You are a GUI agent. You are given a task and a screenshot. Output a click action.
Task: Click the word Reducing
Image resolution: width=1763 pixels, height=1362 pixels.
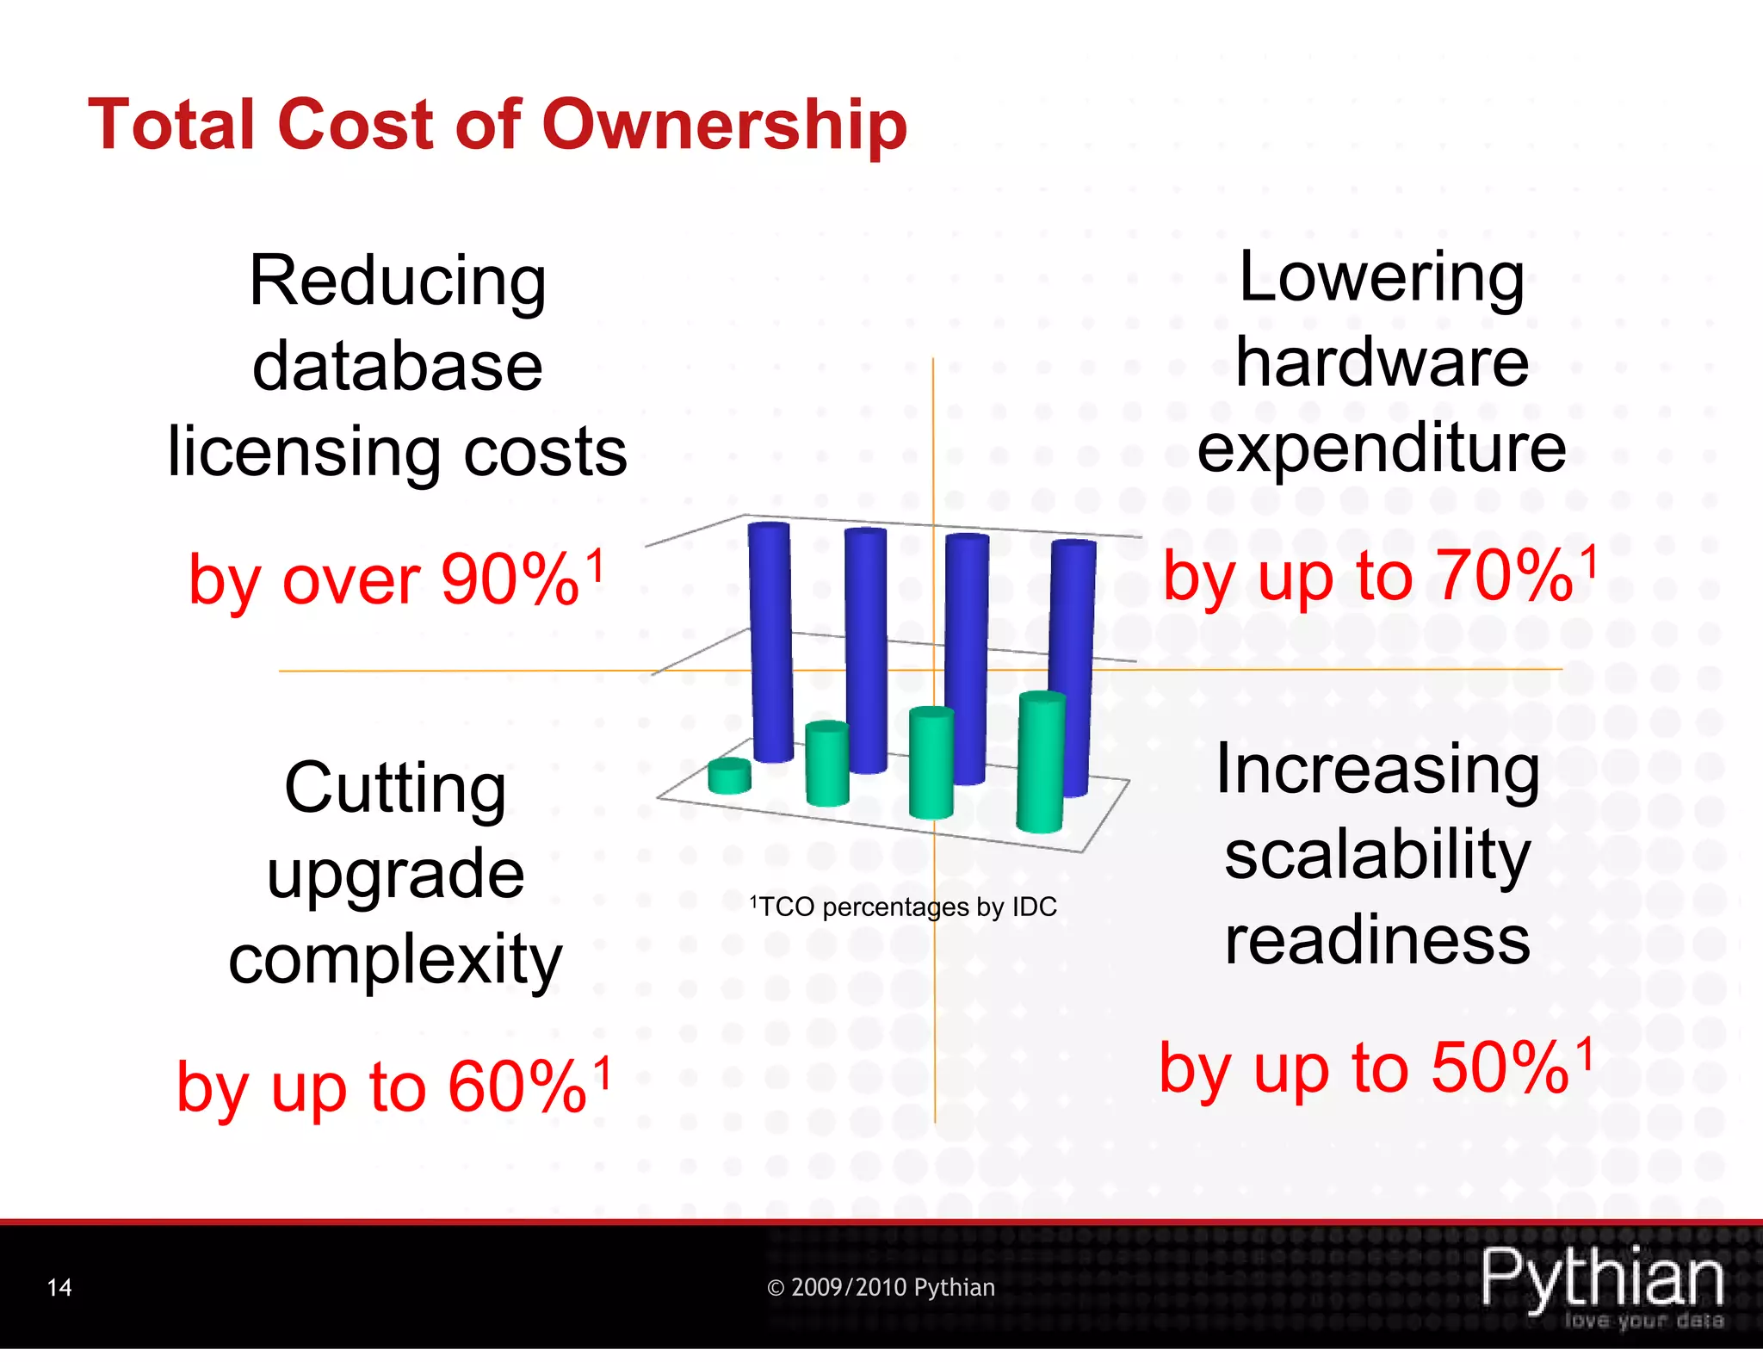[397, 282]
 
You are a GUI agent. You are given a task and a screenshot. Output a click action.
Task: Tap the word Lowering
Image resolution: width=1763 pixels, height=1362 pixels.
[1381, 277]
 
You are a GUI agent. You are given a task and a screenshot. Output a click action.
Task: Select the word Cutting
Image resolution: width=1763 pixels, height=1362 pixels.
[395, 788]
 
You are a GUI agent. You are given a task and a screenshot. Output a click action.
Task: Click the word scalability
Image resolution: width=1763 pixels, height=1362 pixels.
[1377, 854]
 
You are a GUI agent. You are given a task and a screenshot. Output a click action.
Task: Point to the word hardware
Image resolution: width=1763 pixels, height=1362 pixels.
[1382, 362]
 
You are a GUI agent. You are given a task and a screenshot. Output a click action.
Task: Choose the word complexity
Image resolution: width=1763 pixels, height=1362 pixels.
[395, 959]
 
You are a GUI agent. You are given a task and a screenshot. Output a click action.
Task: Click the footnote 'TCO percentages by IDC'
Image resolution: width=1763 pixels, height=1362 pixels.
[904, 907]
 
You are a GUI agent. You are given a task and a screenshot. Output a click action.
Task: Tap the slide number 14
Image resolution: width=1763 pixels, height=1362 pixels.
[59, 1287]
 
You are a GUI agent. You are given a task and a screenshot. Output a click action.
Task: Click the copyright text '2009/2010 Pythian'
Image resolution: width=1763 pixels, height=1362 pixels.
[881, 1287]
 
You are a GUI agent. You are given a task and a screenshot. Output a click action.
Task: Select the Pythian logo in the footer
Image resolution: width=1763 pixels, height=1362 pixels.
[1602, 1284]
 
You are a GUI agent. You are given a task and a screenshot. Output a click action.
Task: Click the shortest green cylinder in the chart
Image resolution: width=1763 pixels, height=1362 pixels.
[729, 776]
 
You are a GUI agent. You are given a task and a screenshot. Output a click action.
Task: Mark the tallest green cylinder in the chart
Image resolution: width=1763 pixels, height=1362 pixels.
[1040, 762]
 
